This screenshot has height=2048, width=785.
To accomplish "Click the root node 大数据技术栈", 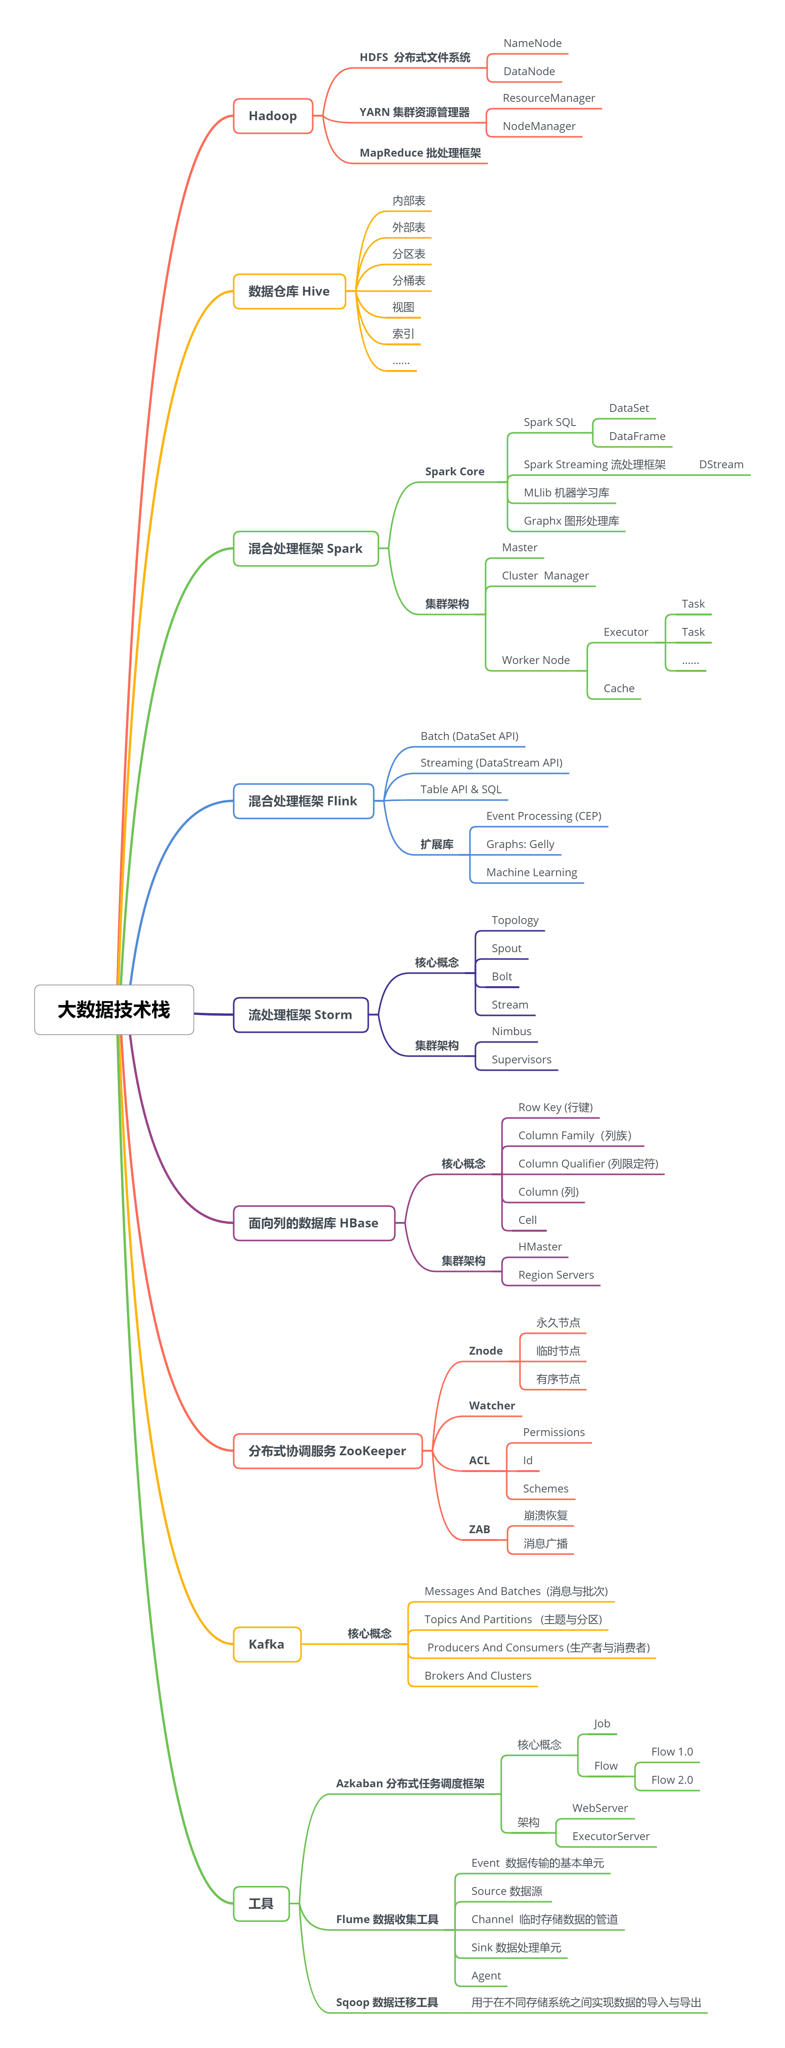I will pos(113,1010).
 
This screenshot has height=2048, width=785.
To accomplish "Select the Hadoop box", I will pos(273,116).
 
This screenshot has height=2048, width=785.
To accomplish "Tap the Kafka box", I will pos(266,1644).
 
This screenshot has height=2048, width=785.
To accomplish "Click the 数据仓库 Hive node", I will pos(288,291).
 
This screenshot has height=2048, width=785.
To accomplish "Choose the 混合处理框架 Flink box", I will pos(303,801).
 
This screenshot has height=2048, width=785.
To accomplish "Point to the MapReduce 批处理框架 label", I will pos(420,153).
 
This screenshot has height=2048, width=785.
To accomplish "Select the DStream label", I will pos(720,464).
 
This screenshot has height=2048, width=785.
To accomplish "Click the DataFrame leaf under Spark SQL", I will pos(636,437).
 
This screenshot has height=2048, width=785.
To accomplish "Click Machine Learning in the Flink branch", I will pos(532,872).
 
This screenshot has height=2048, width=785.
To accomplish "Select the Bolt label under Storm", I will pos(501,976).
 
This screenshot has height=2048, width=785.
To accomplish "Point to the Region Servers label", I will pos(555,1274).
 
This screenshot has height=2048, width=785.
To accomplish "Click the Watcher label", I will pos(492,1406).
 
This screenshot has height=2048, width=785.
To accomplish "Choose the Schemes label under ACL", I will pos(545,1488).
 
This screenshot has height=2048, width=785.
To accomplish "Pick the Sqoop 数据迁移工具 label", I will pos(386,2002).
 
